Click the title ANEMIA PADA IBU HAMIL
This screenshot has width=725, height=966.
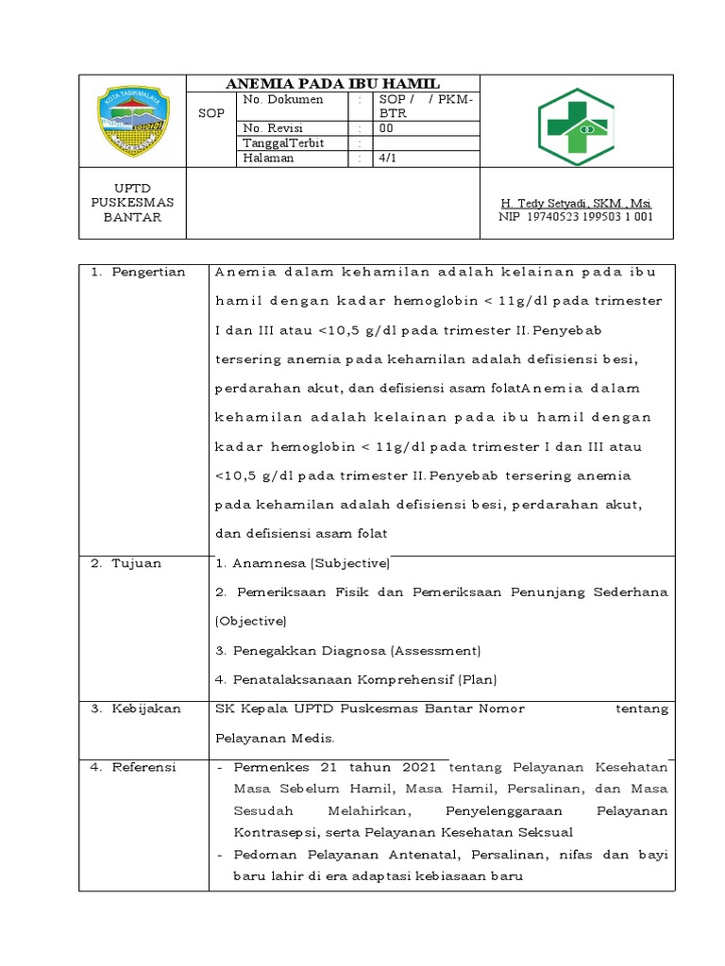tap(331, 83)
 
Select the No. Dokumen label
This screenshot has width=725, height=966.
tap(283, 99)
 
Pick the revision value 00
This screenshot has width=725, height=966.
tap(386, 128)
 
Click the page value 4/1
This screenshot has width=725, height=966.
tap(388, 158)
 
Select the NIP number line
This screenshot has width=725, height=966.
tap(575, 218)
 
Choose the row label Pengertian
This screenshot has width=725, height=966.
tap(143, 273)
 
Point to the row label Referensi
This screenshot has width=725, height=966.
tap(143, 767)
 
